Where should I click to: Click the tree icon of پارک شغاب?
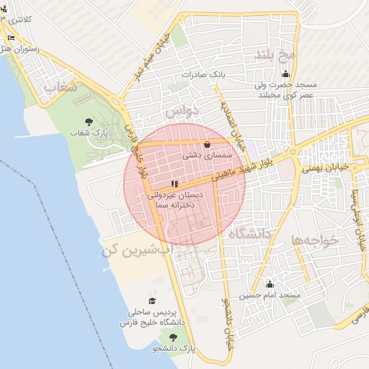coord(89,122)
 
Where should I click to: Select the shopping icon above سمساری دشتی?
coord(208,143)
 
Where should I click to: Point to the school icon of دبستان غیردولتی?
coord(174,184)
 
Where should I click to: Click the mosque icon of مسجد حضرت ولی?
coord(286,74)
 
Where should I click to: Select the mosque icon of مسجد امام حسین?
coord(270,284)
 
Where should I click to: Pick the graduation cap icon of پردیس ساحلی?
coord(152,301)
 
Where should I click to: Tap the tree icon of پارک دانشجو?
coord(172,337)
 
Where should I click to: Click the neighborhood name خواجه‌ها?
coord(315,240)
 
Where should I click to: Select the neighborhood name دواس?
coord(180,113)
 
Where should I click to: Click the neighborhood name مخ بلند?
coord(275,55)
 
